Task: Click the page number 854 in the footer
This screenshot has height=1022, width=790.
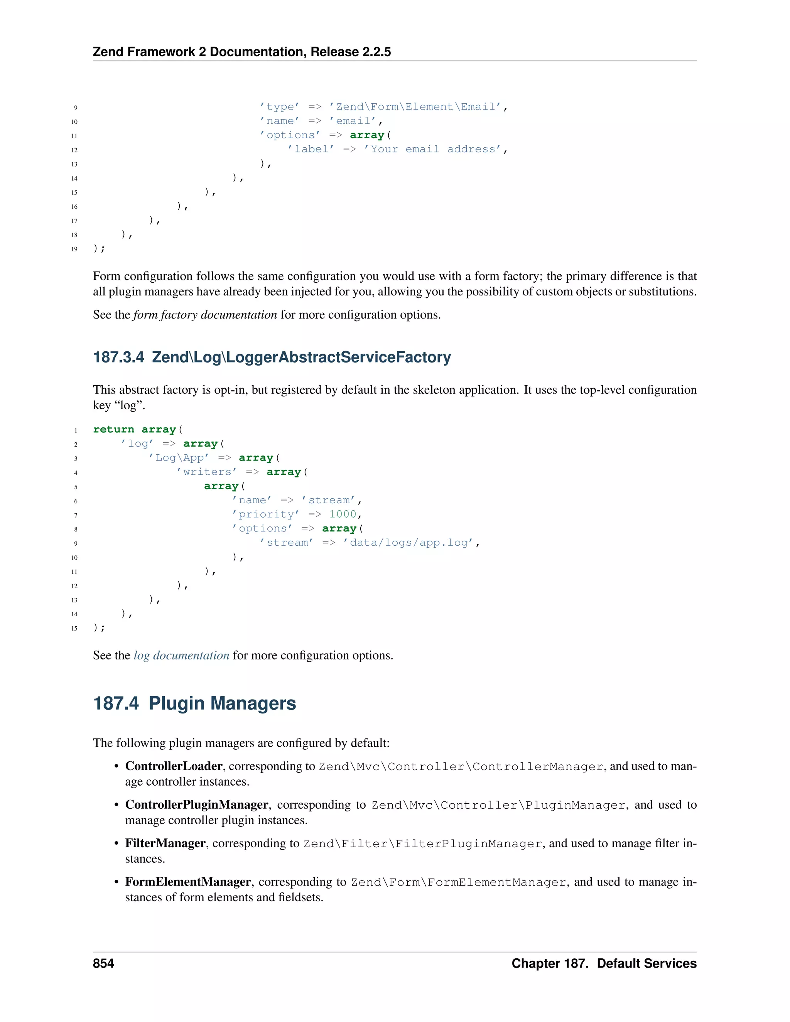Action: pyautogui.click(x=103, y=963)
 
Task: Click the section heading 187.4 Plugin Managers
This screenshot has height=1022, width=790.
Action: pyautogui.click(x=194, y=703)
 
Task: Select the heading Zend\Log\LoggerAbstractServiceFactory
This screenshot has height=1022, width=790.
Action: pyautogui.click(x=272, y=357)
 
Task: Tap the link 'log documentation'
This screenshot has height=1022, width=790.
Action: pyautogui.click(x=182, y=655)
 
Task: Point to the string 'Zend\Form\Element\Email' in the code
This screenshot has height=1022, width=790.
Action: pyautogui.click(x=415, y=107)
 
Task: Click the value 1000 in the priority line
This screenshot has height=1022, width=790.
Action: pyautogui.click(x=343, y=514)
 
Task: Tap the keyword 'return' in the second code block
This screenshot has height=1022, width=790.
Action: pyautogui.click(x=114, y=430)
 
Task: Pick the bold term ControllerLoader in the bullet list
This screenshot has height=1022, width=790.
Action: pyautogui.click(x=174, y=766)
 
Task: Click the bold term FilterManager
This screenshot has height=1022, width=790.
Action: pyautogui.click(x=165, y=843)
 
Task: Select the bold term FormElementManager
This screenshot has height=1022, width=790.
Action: pyautogui.click(x=188, y=882)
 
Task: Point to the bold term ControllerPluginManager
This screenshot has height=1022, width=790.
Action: pyautogui.click(x=197, y=804)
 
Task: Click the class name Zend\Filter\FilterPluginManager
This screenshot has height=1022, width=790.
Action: pyautogui.click(x=423, y=844)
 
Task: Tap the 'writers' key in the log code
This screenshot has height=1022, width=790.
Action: pyautogui.click(x=206, y=472)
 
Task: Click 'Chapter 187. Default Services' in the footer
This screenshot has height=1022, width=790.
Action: pyautogui.click(x=604, y=963)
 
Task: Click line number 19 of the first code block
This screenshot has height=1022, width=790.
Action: pyautogui.click(x=74, y=249)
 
